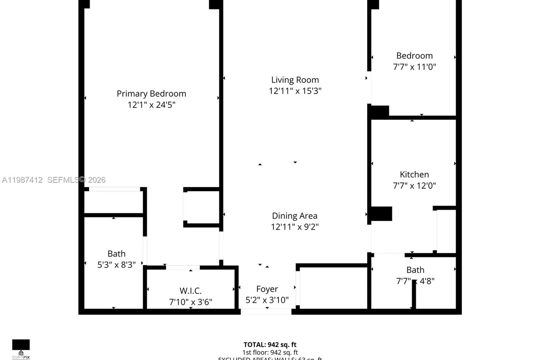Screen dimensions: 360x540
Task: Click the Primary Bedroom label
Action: (x=151, y=94)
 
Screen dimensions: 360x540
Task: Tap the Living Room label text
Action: (x=295, y=80)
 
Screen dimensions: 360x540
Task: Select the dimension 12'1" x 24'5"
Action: (x=151, y=104)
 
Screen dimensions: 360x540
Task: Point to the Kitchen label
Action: (x=414, y=174)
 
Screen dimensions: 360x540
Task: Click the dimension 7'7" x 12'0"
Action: (x=414, y=185)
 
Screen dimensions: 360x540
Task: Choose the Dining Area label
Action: (x=295, y=216)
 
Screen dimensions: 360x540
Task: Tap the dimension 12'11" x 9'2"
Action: (x=295, y=227)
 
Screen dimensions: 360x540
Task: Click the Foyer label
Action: (x=267, y=289)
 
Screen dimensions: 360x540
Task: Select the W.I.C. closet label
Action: (x=191, y=291)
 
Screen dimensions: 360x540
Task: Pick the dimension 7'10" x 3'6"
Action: (x=191, y=301)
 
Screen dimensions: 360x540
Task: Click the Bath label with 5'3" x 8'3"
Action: (x=117, y=254)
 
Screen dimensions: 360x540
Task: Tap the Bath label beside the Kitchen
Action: (x=415, y=270)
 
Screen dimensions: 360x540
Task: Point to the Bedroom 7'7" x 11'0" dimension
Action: (x=414, y=67)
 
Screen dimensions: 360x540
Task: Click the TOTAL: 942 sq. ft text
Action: (x=270, y=344)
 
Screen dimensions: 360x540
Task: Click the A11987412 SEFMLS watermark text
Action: (x=54, y=180)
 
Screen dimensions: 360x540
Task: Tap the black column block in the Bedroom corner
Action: (x=379, y=112)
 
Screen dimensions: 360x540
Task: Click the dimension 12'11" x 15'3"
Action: (x=295, y=90)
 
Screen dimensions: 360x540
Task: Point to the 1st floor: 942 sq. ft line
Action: (x=270, y=352)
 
